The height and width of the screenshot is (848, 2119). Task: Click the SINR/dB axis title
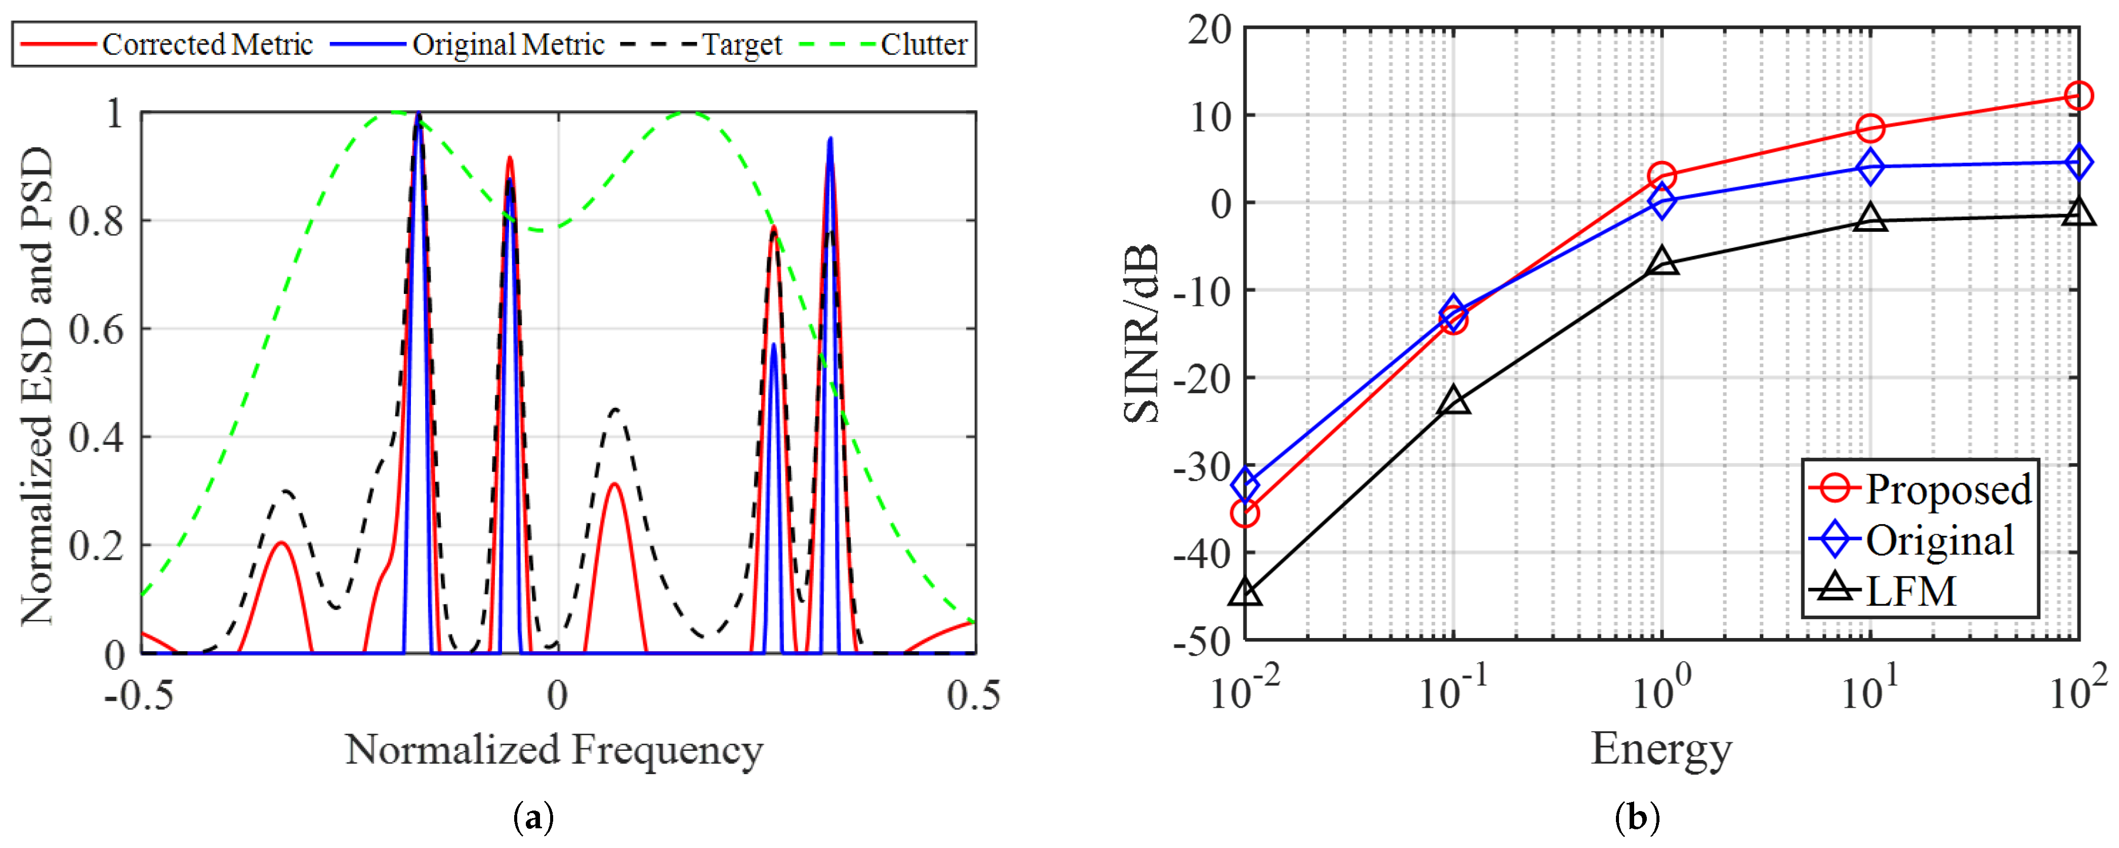pyautogui.click(x=1142, y=333)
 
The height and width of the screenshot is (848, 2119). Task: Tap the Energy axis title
pyautogui.click(x=1661, y=748)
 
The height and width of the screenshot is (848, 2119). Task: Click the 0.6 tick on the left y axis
pyautogui.click(x=96, y=329)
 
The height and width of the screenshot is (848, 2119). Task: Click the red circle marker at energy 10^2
pyautogui.click(x=2079, y=96)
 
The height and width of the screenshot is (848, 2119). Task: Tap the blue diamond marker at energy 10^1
pyautogui.click(x=1871, y=167)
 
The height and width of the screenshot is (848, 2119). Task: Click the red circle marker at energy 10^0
pyautogui.click(x=1661, y=175)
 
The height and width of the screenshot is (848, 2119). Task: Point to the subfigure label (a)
pyautogui.click(x=533, y=818)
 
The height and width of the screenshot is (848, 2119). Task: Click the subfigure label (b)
pyautogui.click(x=1637, y=818)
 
